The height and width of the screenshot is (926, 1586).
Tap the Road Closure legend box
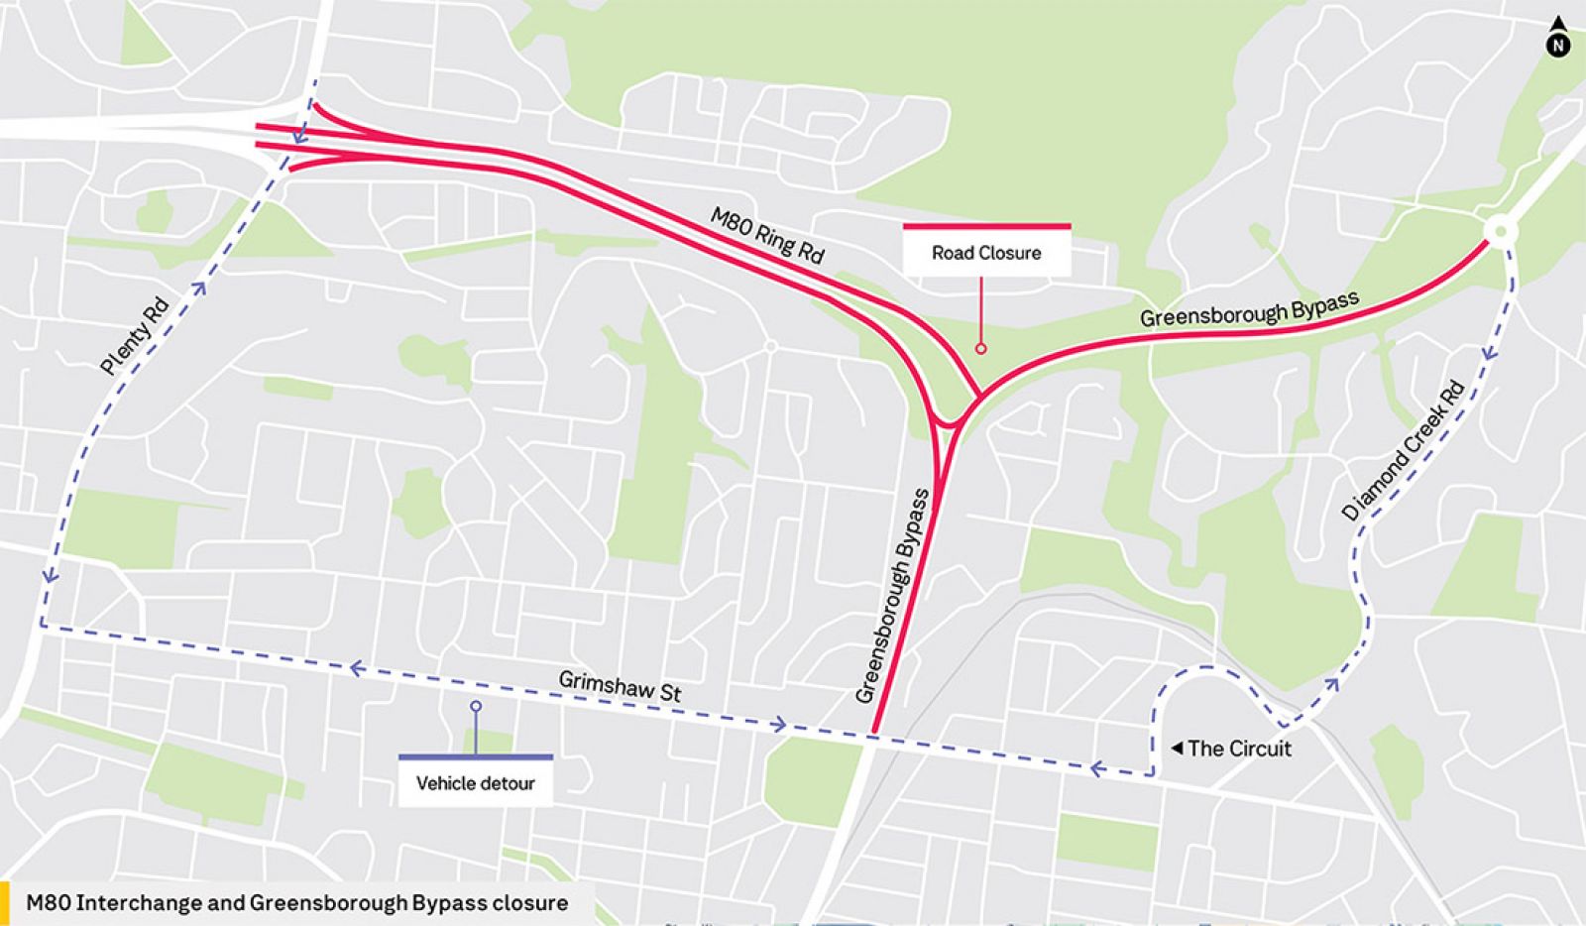click(986, 252)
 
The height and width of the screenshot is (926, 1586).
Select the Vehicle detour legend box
click(476, 782)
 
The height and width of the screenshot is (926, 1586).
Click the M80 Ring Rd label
click(767, 235)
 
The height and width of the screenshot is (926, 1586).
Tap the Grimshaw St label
click(620, 686)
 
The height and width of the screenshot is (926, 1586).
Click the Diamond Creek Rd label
click(1403, 451)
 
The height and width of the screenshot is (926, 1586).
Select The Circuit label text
click(1239, 749)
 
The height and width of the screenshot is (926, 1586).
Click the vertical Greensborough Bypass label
click(894, 595)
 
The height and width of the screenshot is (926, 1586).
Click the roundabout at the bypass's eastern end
click(1500, 232)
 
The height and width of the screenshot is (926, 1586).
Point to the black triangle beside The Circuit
click(1177, 748)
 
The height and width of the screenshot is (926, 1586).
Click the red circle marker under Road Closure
click(980, 348)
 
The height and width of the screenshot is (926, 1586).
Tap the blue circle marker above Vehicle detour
click(476, 706)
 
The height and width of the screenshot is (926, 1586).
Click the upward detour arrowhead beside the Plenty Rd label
click(200, 289)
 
